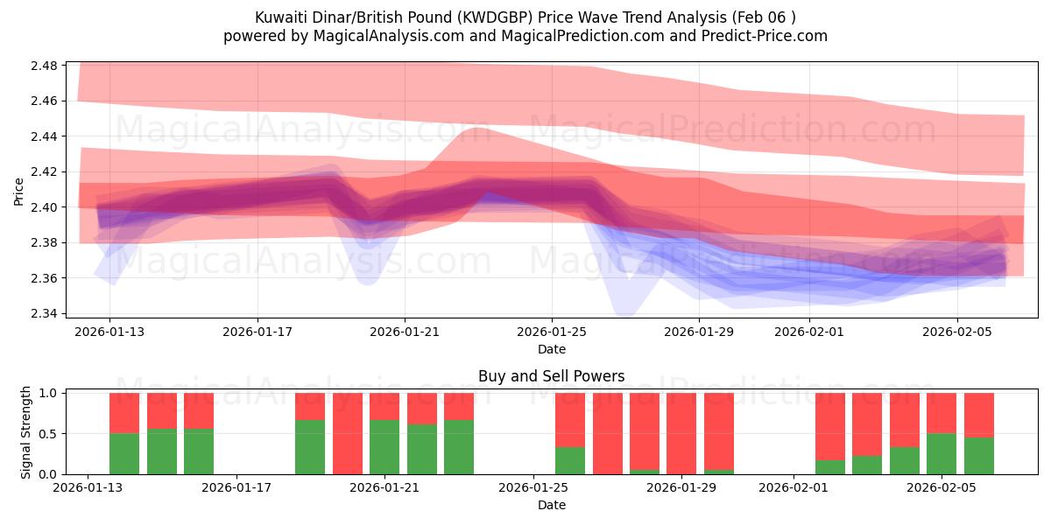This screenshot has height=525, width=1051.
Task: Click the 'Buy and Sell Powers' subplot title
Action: pyautogui.click(x=551, y=377)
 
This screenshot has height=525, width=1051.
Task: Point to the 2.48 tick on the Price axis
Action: pyautogui.click(x=44, y=66)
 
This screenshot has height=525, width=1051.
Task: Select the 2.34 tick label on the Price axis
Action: pyautogui.click(x=44, y=313)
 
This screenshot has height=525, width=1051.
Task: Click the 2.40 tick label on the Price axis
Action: pyautogui.click(x=44, y=207)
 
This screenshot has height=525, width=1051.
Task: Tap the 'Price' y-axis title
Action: pyautogui.click(x=18, y=190)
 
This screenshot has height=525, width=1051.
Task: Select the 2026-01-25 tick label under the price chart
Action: pyautogui.click(x=551, y=332)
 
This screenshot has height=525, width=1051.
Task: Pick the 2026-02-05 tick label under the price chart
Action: pyautogui.click(x=956, y=332)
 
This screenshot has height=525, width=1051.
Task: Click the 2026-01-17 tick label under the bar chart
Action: pyautogui.click(x=237, y=488)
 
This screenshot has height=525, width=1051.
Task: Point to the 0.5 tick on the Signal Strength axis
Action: pyautogui.click(x=51, y=434)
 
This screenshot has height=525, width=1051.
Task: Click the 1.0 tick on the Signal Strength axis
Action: pyautogui.click(x=51, y=394)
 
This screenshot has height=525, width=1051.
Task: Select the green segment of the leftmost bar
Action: pyautogui.click(x=124, y=454)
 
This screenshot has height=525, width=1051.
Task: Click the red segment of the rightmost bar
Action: pyautogui.click(x=978, y=415)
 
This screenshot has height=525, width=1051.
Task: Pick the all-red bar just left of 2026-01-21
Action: pyautogui.click(x=347, y=434)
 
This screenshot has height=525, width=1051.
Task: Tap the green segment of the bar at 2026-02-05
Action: pyautogui.click(x=942, y=454)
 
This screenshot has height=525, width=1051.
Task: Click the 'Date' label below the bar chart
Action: pyautogui.click(x=551, y=505)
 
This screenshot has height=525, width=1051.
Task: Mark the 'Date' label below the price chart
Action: pyautogui.click(x=551, y=349)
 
